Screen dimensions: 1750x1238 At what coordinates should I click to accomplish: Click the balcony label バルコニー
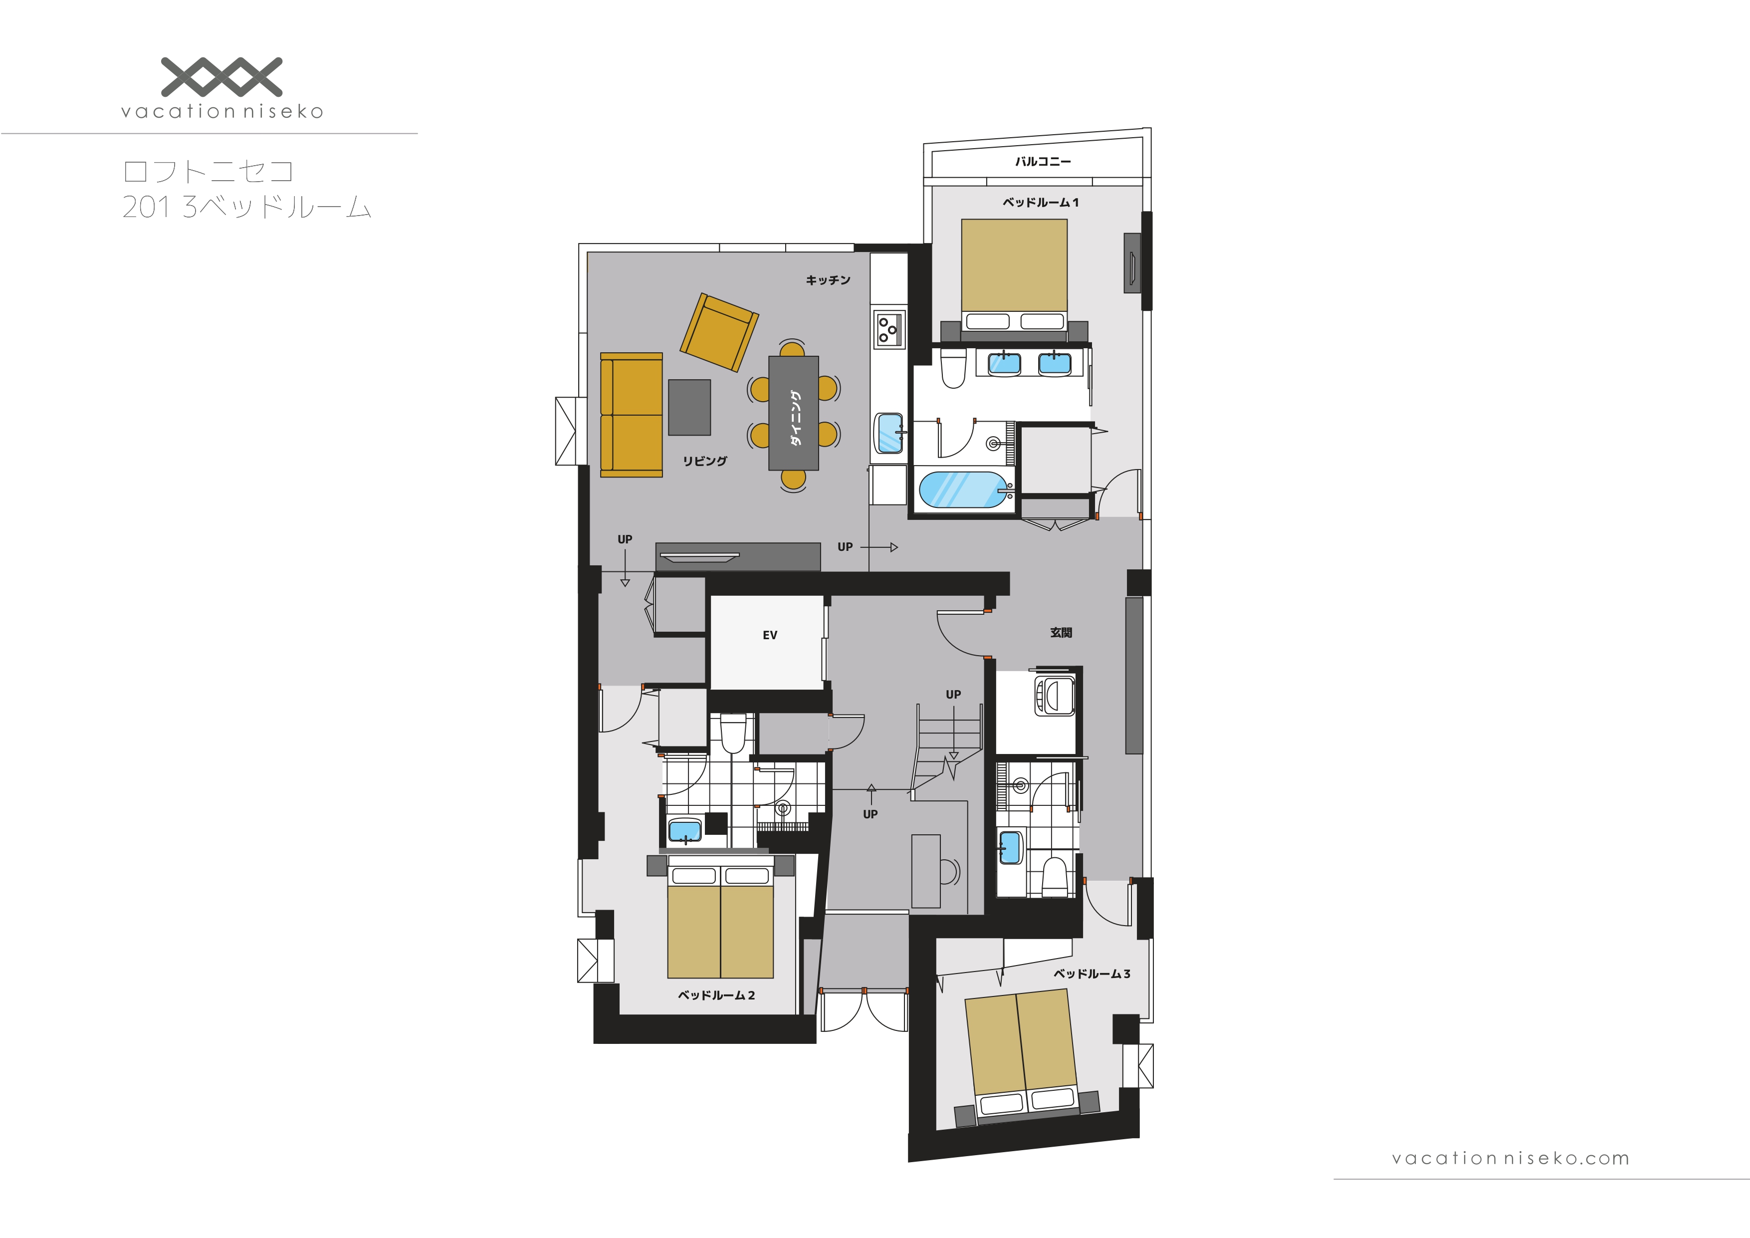click(x=1043, y=162)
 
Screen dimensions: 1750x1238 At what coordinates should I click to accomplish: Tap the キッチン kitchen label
click(x=828, y=280)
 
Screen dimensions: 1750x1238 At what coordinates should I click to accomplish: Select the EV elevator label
click(x=770, y=635)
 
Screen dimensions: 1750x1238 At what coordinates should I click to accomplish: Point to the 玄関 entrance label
click(x=1061, y=633)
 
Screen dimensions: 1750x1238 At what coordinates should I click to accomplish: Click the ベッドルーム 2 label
click(x=716, y=995)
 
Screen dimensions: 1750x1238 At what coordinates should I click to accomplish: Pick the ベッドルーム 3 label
click(x=1092, y=974)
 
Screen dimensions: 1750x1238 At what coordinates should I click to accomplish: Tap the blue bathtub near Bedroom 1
click(x=963, y=490)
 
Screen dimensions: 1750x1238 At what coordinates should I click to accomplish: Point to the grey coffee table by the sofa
click(x=689, y=408)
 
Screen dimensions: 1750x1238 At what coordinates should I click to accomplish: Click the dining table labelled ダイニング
click(x=794, y=413)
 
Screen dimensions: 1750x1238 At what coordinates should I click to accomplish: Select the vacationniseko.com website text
click(x=1510, y=1159)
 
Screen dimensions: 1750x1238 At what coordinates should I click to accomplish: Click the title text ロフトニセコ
click(x=208, y=171)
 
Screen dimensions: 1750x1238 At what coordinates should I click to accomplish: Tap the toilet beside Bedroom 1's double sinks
click(x=953, y=368)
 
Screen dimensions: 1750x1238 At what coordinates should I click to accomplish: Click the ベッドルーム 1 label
click(x=1041, y=202)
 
